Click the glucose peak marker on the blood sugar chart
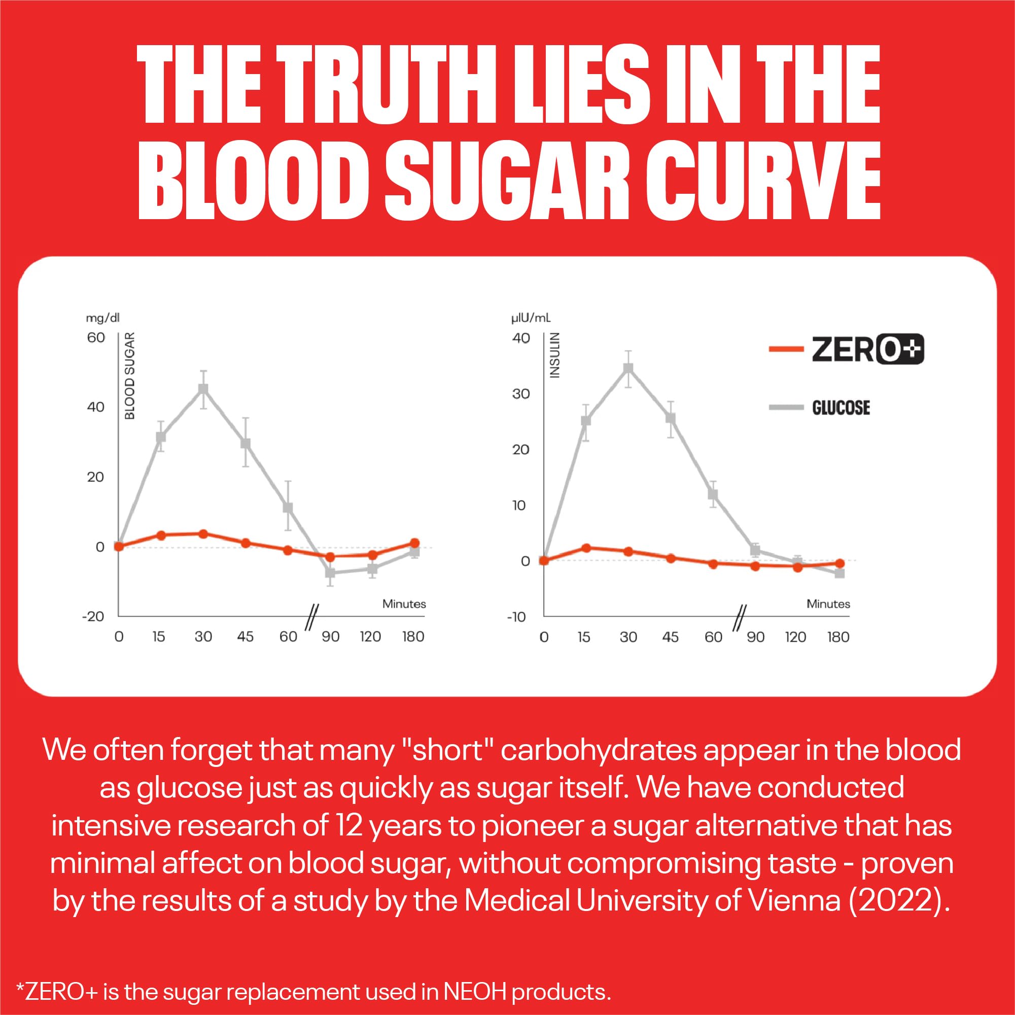pos(203,389)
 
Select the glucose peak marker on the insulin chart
pos(628,368)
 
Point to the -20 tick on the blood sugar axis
pos(93,616)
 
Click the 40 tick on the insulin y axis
pos(520,338)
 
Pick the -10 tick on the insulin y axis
pos(516,617)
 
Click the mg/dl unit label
pos(103,318)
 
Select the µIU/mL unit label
pos(531,319)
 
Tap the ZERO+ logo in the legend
pos(867,349)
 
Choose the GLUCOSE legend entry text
pos(841,408)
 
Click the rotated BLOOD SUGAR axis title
pos(130,376)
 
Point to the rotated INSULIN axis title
pos(555,355)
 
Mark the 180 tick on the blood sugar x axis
pos(413,637)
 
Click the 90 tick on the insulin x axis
pos(755,637)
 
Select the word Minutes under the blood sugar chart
pos(404,604)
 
